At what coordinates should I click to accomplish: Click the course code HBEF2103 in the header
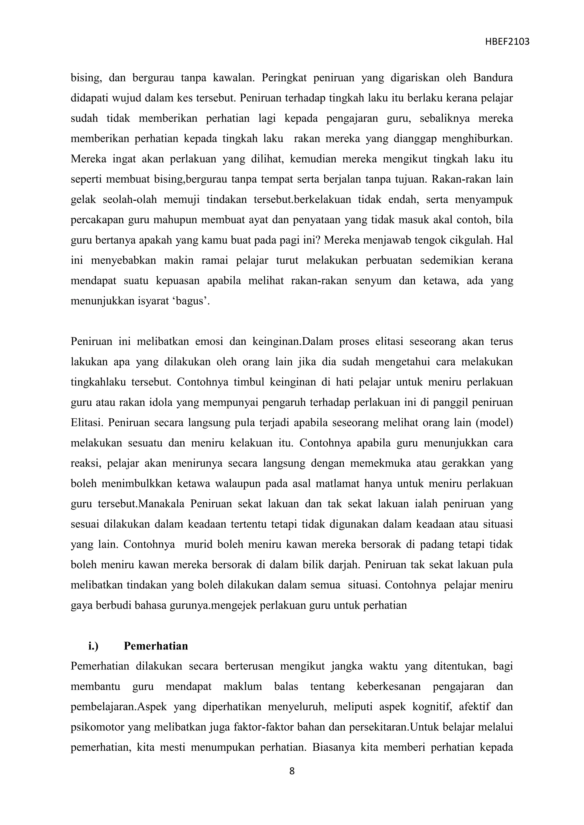point(507,42)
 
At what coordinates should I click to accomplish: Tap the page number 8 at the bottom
point(292,771)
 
